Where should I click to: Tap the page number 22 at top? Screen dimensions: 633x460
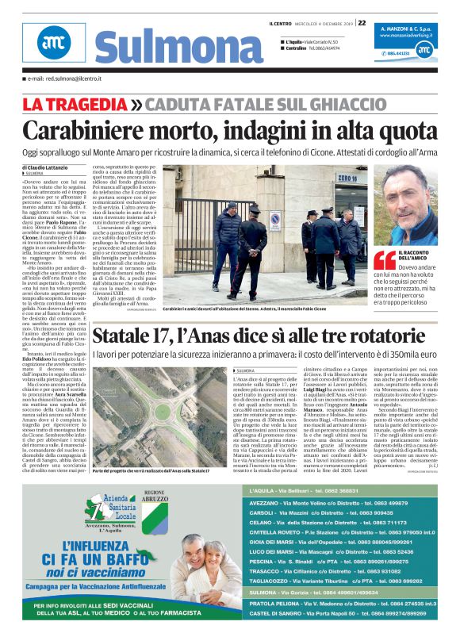pyautogui.click(x=362, y=22)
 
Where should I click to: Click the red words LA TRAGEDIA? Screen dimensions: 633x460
pyautogui.click(x=75, y=105)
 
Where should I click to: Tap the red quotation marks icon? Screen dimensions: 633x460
pyautogui.click(x=385, y=260)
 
